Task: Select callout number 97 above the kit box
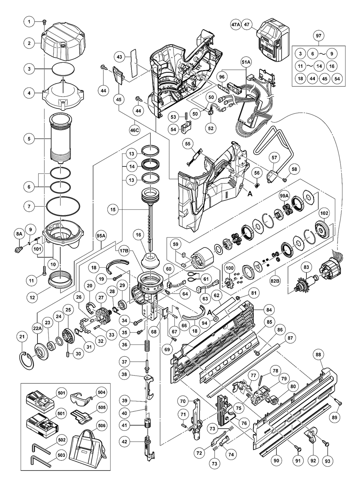(x=319, y=36)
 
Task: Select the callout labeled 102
(x=324, y=213)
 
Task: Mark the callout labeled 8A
(x=19, y=233)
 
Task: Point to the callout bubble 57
(x=275, y=157)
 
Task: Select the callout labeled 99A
(x=284, y=195)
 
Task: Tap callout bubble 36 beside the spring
(x=124, y=344)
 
